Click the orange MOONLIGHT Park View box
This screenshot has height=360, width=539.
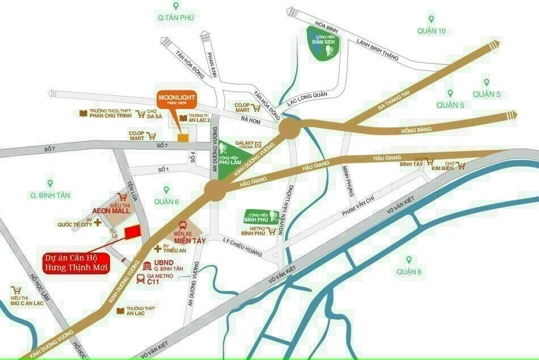tap(176, 101)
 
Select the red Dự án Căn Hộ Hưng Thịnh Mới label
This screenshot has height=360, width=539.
tap(77, 262)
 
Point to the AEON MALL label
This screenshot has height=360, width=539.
tap(111, 210)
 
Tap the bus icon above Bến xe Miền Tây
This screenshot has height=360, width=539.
tap(183, 225)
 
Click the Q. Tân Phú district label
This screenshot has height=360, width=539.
tap(176, 18)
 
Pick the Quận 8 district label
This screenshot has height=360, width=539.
tap(409, 271)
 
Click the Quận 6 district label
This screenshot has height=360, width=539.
tap(166, 202)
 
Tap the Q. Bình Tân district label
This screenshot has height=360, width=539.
tap(50, 195)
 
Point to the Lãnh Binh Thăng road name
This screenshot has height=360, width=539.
tap(378, 49)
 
